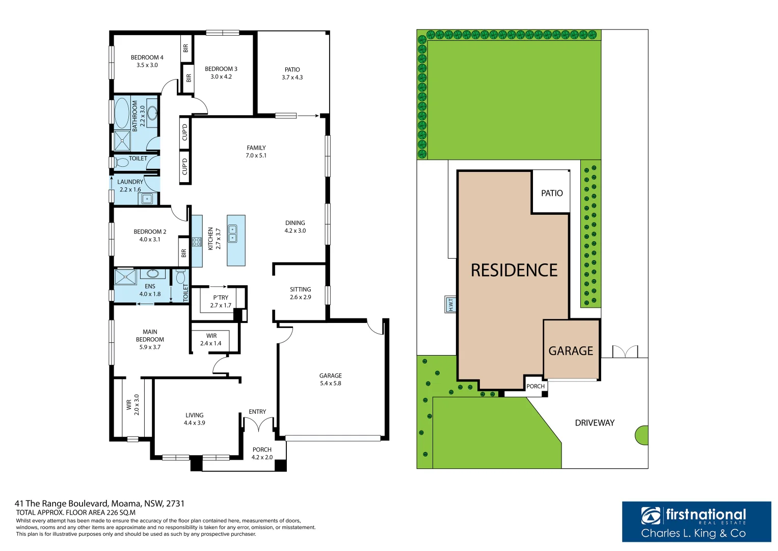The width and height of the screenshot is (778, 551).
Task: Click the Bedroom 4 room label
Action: [x=147, y=61]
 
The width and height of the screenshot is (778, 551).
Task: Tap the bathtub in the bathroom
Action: [x=122, y=113]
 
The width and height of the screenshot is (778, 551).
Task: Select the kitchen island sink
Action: [x=232, y=234]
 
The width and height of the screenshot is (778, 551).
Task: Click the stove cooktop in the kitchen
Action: [x=197, y=241]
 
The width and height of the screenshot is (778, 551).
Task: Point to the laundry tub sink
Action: [x=147, y=199]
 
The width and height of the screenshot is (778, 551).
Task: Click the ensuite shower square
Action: [x=125, y=277]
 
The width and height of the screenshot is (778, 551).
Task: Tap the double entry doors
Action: [x=259, y=424]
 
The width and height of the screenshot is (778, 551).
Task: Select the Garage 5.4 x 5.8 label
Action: [x=330, y=379]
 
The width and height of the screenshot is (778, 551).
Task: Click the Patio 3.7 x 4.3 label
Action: [x=292, y=73]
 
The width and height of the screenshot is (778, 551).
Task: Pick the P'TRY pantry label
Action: [x=221, y=302]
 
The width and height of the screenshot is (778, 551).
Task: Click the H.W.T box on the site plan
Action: [x=450, y=305]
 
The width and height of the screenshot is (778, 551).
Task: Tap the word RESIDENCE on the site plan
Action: [x=514, y=270]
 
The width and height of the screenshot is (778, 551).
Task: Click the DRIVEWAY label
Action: [x=595, y=423]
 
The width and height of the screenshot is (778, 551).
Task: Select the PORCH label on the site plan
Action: [x=535, y=386]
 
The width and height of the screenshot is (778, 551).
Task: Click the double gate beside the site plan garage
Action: [x=625, y=352]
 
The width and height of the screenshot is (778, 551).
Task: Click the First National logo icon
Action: [x=652, y=516]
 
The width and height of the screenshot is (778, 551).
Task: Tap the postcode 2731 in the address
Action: [x=175, y=504]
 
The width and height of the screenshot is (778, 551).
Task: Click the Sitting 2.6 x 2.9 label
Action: [x=300, y=293]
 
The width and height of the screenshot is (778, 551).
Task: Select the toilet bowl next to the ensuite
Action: [x=180, y=278]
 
